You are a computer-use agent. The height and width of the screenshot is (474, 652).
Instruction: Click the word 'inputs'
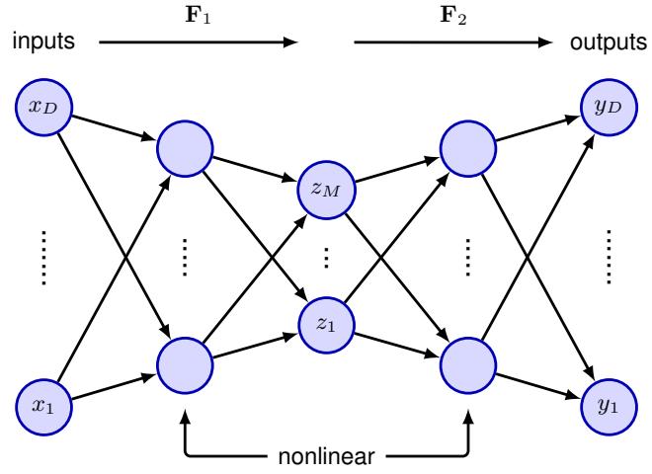coord(44,43)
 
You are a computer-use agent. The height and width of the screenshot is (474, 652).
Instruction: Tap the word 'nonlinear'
coord(326,456)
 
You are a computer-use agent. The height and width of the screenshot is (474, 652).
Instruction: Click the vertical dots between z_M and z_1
coord(326,257)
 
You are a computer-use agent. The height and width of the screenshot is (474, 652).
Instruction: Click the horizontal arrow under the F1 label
coord(198,43)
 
